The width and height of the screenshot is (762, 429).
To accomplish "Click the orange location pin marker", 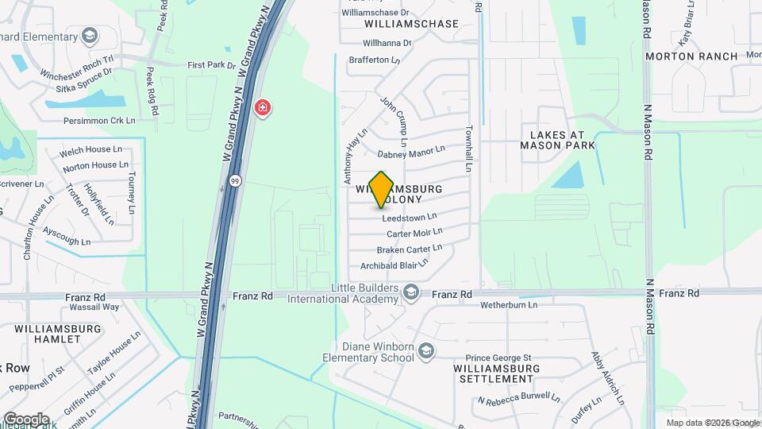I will click(382, 189).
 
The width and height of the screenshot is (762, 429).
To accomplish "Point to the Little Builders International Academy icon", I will click(410, 293).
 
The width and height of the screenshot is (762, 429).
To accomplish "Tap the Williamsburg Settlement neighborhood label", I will click(496, 373).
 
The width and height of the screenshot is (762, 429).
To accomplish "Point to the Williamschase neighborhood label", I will click(411, 24).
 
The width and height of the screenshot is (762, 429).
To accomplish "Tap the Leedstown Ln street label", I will click(410, 217).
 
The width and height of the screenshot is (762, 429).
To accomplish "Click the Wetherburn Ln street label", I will click(509, 304).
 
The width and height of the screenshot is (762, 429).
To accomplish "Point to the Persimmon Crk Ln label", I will click(101, 121).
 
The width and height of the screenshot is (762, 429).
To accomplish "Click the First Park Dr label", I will click(212, 65).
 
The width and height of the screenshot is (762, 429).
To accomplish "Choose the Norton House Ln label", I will click(95, 165).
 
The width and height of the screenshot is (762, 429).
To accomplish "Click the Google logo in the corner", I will click(26, 419).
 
